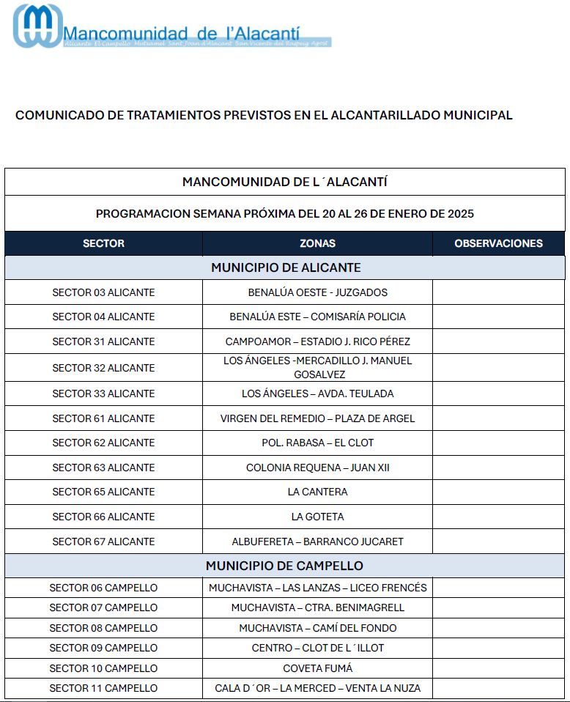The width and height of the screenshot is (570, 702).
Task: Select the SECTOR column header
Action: [103, 243]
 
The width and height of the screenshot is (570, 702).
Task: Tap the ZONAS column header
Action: [317, 243]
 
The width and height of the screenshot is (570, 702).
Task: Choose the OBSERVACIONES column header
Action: [498, 243]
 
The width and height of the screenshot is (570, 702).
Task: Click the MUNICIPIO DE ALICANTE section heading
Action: [286, 267]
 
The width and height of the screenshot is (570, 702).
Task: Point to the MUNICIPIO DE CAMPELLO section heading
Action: [284, 566]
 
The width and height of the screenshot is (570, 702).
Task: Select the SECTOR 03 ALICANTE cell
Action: [103, 292]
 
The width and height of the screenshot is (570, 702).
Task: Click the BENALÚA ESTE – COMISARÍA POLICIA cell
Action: [317, 317]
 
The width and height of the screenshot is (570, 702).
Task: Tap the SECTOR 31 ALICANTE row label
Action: [103, 341]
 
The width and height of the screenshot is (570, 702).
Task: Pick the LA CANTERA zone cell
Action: [317, 492]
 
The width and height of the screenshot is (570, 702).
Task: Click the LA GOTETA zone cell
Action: [317, 517]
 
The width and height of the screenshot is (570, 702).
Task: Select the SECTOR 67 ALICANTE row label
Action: [103, 542]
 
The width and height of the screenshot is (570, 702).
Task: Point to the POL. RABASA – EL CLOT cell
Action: [317, 443]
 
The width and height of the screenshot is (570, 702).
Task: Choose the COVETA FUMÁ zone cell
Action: [317, 668]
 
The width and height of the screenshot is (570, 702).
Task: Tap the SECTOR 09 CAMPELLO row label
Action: [103, 648]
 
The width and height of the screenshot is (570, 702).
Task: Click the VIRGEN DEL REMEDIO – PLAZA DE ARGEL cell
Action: [317, 418]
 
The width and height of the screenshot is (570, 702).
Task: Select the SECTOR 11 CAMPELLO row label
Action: [103, 688]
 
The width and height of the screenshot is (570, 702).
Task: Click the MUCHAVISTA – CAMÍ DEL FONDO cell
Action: [317, 628]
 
